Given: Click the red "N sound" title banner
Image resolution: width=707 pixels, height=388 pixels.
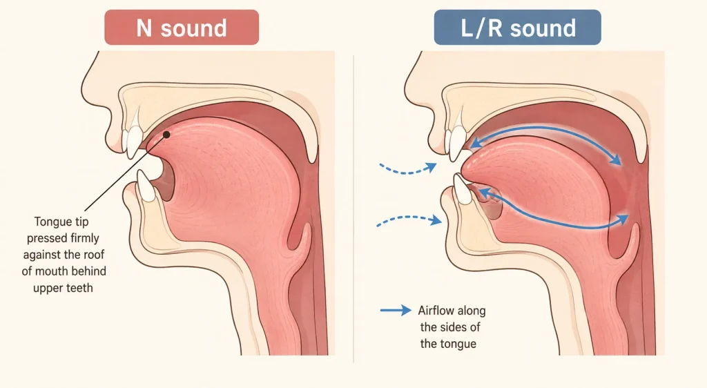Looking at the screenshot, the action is click(182, 28).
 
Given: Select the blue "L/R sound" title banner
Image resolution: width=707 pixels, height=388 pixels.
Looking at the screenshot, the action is click(518, 28).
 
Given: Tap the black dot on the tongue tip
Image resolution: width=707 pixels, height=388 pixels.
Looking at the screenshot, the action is click(166, 135).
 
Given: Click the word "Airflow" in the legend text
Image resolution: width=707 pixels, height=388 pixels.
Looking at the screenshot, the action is click(435, 311).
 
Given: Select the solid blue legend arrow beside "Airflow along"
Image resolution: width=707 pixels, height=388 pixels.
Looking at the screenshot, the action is click(396, 310).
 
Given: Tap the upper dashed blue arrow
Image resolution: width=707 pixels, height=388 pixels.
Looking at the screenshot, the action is click(407, 169).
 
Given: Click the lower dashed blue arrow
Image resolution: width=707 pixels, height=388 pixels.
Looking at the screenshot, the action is click(409, 220).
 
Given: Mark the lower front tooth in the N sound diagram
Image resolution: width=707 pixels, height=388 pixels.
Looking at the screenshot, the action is click(146, 186).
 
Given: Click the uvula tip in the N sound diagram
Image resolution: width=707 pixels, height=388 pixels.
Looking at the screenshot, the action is click(312, 159).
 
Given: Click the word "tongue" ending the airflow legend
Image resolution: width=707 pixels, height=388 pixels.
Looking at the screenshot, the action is click(459, 345).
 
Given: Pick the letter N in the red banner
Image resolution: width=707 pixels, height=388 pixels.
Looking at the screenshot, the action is click(144, 28).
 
